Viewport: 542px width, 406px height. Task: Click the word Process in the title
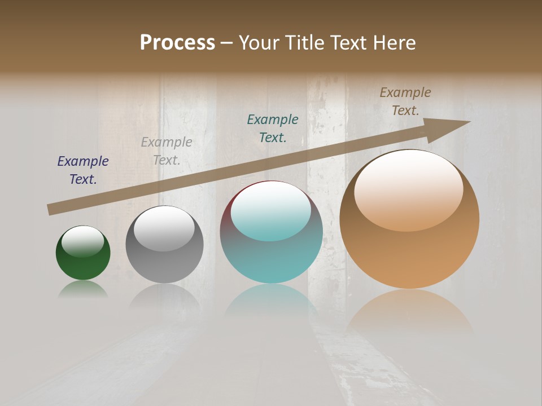point(177,43)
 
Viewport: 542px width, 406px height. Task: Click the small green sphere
point(83,259)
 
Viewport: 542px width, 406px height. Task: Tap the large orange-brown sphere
point(409,248)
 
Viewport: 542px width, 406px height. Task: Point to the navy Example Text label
point(83,170)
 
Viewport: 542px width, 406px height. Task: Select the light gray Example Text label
point(167,151)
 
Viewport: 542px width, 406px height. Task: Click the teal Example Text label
point(273,129)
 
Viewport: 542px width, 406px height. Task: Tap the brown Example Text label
point(405,101)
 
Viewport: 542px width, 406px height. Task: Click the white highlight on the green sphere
point(83,241)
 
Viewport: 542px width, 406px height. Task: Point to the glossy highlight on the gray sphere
point(164,228)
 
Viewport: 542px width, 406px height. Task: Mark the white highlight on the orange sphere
point(408,191)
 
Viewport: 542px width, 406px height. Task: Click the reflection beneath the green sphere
point(83,289)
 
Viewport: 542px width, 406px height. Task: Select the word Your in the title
point(259,43)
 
